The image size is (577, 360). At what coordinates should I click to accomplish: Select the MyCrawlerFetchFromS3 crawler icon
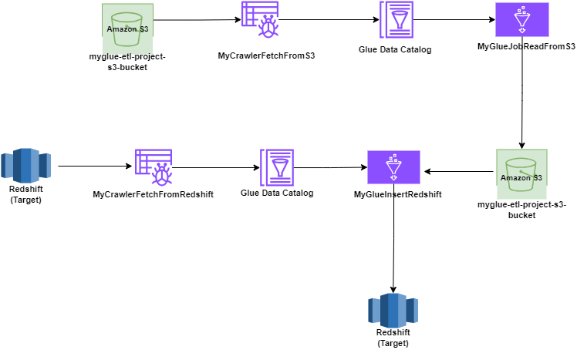[259, 21]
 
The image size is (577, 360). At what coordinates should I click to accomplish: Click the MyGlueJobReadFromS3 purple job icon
[521, 20]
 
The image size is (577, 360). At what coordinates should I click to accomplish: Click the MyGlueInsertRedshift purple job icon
[393, 167]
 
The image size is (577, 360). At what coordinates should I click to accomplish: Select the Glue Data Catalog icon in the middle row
[276, 167]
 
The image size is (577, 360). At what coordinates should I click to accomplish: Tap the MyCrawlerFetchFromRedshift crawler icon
[153, 167]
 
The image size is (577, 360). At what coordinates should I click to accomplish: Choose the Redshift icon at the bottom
[393, 310]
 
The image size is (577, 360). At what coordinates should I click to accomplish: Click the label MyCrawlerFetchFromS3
[266, 56]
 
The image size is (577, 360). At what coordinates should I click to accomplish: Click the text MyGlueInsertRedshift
[397, 194]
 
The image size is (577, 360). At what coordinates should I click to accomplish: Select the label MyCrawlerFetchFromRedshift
[153, 194]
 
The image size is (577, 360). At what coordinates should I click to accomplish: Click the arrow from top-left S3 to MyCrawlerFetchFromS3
[196, 20]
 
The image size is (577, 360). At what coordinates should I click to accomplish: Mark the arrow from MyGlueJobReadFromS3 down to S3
[523, 93]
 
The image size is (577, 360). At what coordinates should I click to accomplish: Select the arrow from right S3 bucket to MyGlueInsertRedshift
[460, 172]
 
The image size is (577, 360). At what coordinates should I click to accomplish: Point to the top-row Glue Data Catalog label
[395, 50]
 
